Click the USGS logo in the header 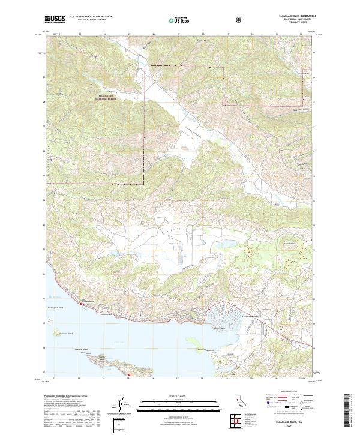(55, 19)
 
